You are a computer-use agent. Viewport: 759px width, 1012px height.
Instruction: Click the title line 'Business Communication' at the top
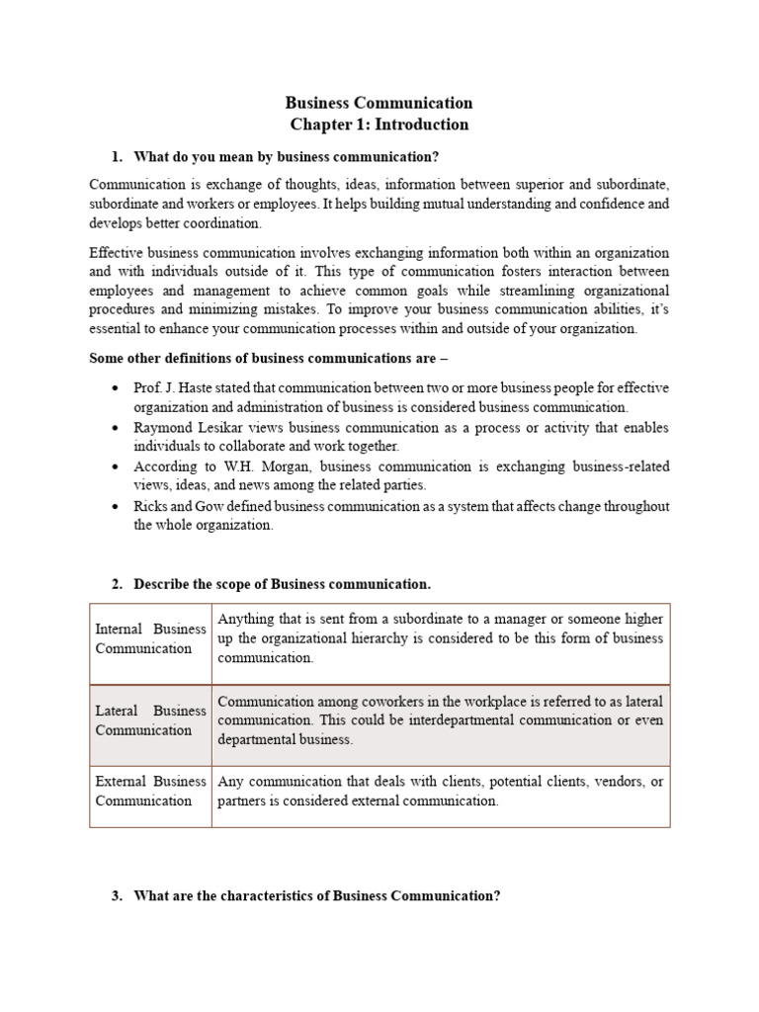point(379,103)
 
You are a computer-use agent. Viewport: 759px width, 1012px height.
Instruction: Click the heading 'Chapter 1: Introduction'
point(379,125)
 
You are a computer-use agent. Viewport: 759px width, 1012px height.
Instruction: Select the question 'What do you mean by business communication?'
point(286,157)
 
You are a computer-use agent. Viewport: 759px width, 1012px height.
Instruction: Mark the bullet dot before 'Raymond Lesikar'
point(117,428)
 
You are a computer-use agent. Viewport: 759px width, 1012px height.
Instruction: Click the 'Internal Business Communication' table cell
point(150,639)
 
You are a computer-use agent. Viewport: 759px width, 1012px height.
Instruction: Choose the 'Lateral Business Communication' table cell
point(150,720)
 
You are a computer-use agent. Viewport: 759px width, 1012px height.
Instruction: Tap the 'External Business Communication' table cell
point(150,791)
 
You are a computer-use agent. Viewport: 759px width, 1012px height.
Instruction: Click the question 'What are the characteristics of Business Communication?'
point(317,896)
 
